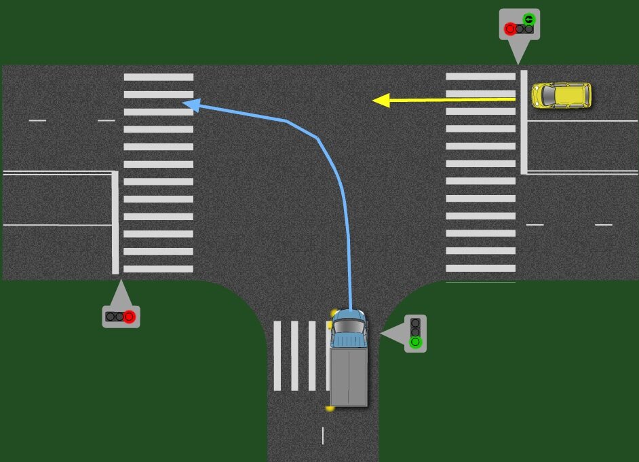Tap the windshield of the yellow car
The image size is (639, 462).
[x=545, y=95]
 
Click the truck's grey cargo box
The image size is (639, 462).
[x=348, y=376]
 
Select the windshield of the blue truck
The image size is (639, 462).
[x=348, y=327]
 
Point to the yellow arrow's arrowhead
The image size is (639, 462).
[x=381, y=101]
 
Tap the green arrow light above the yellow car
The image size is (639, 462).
[x=528, y=19]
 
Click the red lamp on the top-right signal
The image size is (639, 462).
[x=510, y=29]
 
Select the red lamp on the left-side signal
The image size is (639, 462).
[x=129, y=316]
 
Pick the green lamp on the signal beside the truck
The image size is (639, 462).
[x=415, y=342]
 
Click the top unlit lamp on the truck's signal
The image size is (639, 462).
[x=415, y=323]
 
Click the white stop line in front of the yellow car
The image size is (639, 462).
[x=524, y=121]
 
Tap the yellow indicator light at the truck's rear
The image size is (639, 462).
[x=330, y=408]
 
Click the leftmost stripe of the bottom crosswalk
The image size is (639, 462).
[x=277, y=355]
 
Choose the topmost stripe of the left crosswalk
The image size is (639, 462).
[x=158, y=77]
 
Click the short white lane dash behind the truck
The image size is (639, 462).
[x=322, y=436]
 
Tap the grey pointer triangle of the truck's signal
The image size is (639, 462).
[x=392, y=334]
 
